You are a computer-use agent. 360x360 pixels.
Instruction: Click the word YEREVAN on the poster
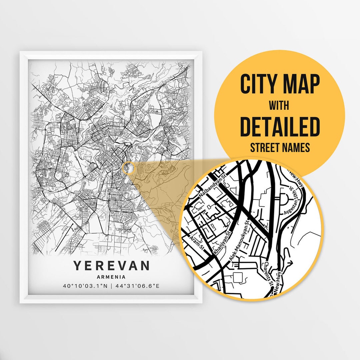coord(111,266)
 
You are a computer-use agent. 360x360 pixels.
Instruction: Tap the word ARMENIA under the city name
coord(111,277)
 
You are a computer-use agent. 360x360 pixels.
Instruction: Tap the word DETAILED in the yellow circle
coord(280,127)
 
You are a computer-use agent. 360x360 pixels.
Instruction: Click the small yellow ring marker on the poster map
coord(128,168)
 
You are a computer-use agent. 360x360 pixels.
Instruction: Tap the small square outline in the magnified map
coord(239,277)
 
